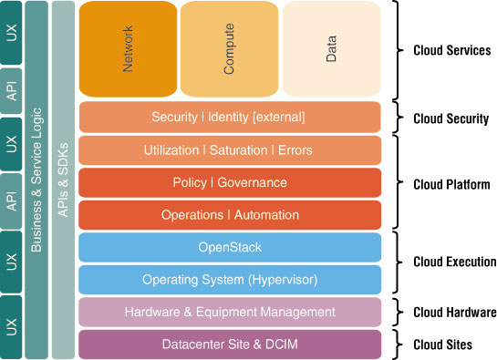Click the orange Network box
(127, 49)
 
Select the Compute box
(229, 49)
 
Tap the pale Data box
(331, 49)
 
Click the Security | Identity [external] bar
(229, 118)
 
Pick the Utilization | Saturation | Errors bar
(229, 150)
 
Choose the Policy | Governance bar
(229, 182)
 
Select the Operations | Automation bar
(229, 215)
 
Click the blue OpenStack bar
(229, 247)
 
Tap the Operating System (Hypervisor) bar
(229, 279)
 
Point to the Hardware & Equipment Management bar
(229, 312)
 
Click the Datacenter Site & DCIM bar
(229, 345)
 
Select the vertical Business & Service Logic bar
(36, 180)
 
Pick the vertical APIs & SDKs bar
(63, 180)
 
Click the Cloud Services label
(451, 51)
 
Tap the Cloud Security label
(450, 118)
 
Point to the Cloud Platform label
(451, 184)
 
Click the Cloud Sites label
(442, 345)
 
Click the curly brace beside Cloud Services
(399, 49)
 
